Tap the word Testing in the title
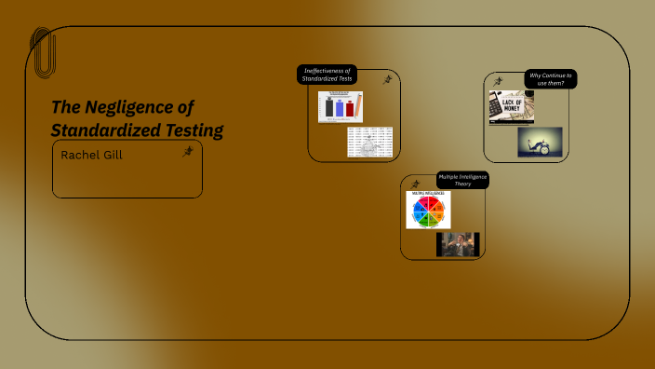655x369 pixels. coord(191,130)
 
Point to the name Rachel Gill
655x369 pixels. coord(91,155)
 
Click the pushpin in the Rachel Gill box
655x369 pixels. coord(187,152)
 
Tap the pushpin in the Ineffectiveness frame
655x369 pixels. coord(387,80)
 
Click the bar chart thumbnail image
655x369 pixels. coord(340,106)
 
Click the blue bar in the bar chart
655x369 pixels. coord(339,108)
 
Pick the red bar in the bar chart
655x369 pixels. coord(351,109)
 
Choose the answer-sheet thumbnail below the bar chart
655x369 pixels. coord(369,142)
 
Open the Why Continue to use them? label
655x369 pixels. coord(550,79)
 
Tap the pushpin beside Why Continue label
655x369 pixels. coord(499,82)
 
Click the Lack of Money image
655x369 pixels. coord(511,107)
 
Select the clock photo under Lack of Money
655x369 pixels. coord(540,142)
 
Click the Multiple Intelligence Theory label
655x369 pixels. coord(462,180)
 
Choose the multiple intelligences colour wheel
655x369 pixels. coord(427,210)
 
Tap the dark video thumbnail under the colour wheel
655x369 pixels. coord(457,244)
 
